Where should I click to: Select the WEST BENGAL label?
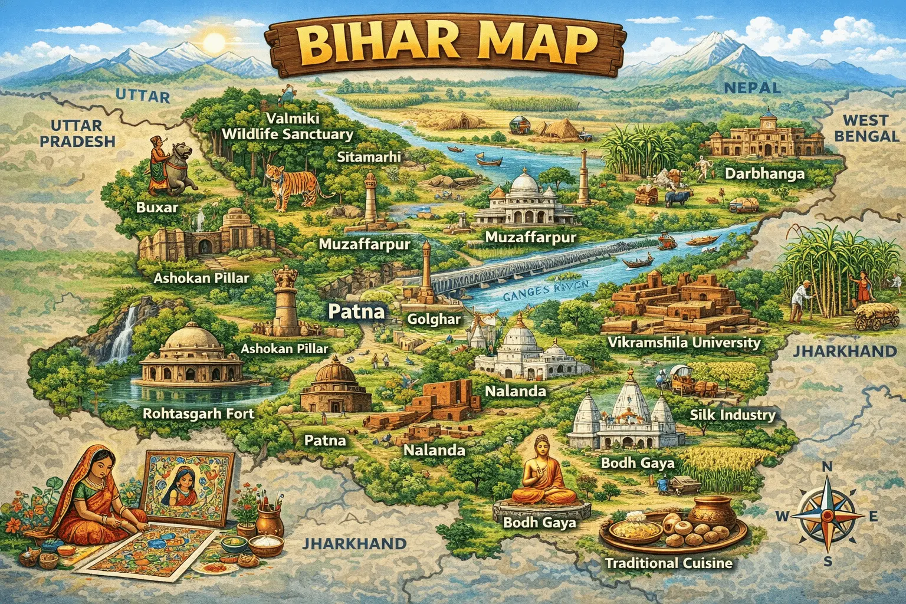(x=866, y=128)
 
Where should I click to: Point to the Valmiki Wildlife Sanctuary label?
(x=287, y=126)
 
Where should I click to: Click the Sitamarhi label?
(x=369, y=157)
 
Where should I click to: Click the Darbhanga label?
(x=764, y=173)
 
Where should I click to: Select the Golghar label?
(x=434, y=319)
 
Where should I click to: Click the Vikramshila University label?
(x=684, y=343)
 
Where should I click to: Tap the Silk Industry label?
(x=732, y=415)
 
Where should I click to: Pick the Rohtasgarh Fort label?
(x=198, y=413)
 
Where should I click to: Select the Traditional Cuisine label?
(x=668, y=563)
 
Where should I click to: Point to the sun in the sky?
(x=214, y=42)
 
